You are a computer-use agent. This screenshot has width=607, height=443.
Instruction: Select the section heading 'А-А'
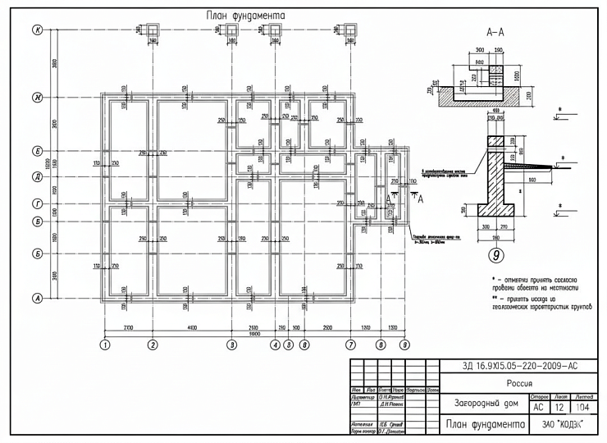495,34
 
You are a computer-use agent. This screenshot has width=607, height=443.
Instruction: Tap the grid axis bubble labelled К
37,30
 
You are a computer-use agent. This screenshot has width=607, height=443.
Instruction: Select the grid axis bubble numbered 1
105,345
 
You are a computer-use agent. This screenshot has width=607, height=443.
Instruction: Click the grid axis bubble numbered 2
153,345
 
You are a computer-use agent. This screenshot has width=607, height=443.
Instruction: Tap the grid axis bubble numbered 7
350,345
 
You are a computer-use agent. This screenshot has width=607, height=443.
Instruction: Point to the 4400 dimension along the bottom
192,327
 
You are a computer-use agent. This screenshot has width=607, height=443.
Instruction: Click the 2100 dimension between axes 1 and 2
129,327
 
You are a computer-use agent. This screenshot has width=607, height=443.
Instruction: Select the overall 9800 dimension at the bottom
254,334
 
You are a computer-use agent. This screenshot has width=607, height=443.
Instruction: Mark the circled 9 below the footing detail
497,254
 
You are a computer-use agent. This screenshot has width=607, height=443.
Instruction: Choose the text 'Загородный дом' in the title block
486,404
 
